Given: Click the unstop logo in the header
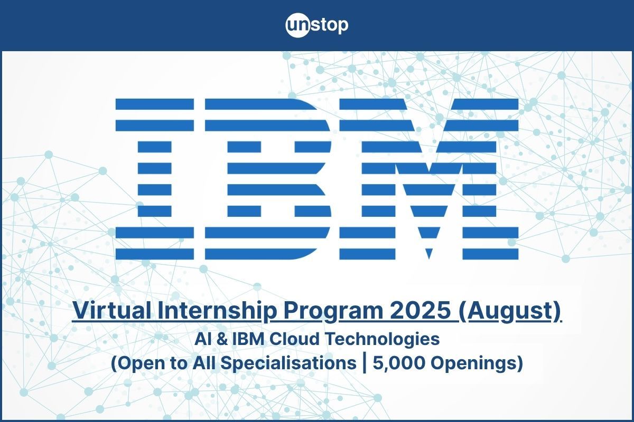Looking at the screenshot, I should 317,25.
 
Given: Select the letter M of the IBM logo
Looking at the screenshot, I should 428,179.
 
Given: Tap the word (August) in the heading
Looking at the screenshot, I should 509,311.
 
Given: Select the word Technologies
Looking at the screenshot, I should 377,339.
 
